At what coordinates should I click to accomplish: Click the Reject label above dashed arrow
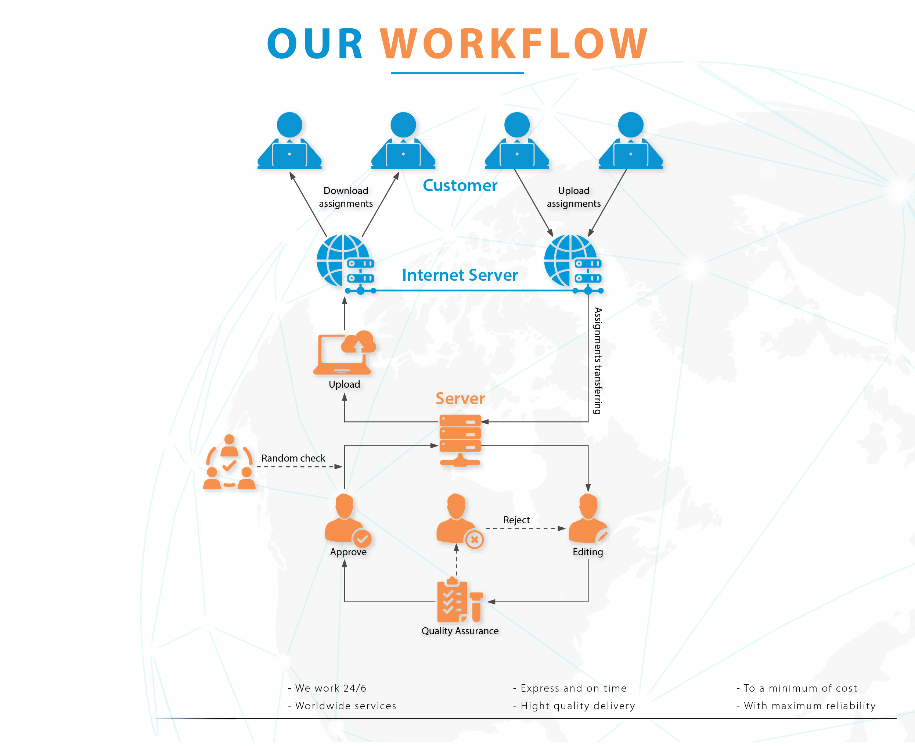click(x=516, y=520)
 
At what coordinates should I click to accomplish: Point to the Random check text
click(x=293, y=458)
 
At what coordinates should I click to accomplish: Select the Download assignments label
click(x=346, y=197)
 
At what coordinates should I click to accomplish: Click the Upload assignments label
click(x=573, y=197)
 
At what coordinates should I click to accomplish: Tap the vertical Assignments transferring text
click(x=598, y=361)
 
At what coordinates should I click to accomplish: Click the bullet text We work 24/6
click(x=327, y=688)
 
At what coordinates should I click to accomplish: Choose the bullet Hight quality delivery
click(x=574, y=706)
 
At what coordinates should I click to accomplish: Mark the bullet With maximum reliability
click(x=806, y=706)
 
